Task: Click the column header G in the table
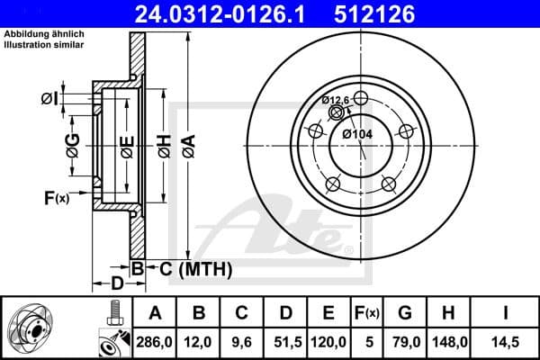405,312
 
